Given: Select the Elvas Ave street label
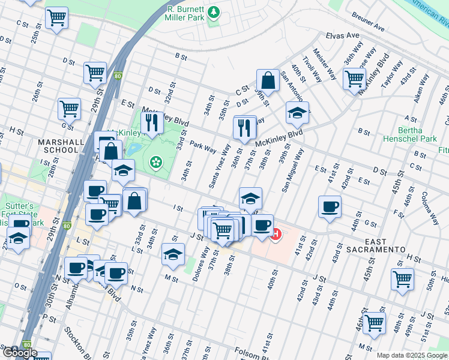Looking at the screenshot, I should (x=342, y=36).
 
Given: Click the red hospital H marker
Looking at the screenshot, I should (x=276, y=234).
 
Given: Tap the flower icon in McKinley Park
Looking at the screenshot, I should (x=156, y=161).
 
